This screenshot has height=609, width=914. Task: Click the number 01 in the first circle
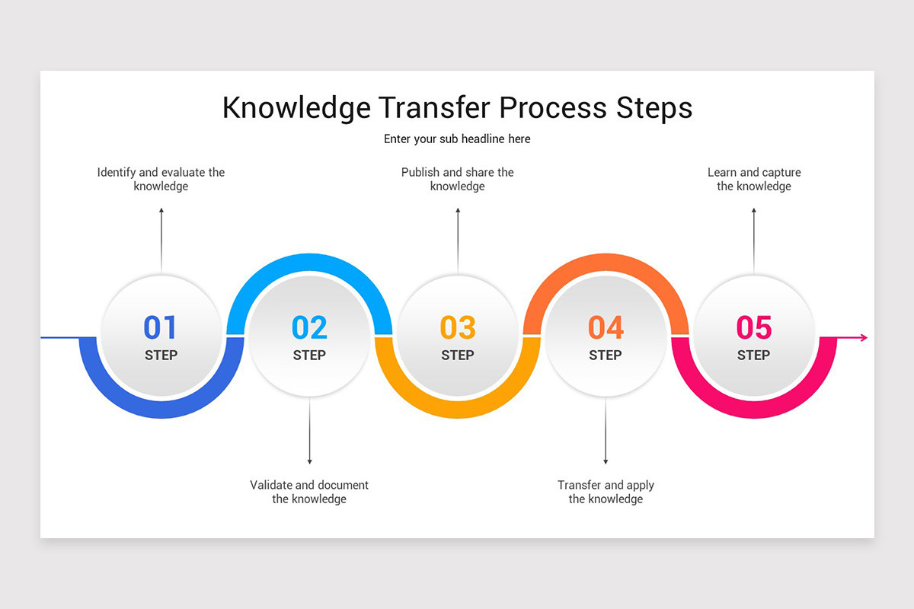161,327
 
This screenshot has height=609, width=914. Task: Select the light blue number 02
309,327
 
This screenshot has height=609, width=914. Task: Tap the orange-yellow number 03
458,327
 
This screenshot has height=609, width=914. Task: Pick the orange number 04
606,327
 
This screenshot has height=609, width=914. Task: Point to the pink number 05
754,327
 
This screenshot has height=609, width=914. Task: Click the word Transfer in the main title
435,107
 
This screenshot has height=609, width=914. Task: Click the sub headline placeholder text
457,139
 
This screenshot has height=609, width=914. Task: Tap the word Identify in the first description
117,173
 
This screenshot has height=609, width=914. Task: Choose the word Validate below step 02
271,485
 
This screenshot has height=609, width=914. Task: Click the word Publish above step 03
420,173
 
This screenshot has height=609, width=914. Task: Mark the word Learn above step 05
722,173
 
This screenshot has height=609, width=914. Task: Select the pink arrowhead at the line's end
863,337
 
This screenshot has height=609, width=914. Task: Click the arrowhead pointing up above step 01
161,211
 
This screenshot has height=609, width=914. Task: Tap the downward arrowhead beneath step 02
309,461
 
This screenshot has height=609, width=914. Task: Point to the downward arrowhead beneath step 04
606,461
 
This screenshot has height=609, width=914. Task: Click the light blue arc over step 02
309,263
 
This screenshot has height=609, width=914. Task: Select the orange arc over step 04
606,263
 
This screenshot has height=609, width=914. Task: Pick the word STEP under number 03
458,355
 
